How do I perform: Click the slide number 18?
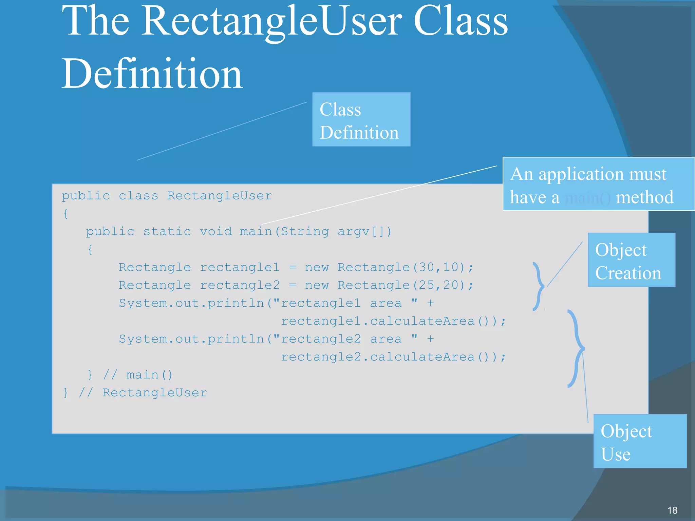click(672, 510)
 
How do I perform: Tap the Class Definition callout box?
click(361, 119)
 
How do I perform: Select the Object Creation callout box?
click(631, 260)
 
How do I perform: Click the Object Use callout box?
click(640, 441)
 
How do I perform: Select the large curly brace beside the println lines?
click(576, 348)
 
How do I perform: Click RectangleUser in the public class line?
click(219, 196)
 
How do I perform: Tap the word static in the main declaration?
click(167, 232)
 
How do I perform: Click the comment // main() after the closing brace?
click(137, 375)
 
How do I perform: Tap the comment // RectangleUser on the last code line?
click(143, 393)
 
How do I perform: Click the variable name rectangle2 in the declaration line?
click(240, 285)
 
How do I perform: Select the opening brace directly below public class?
click(65, 214)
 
